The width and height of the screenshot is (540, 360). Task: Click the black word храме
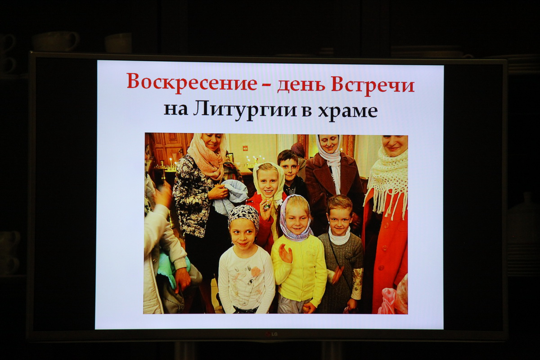pyautogui.click(x=348, y=112)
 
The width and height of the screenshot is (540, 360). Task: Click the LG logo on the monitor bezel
pyautogui.click(x=271, y=334)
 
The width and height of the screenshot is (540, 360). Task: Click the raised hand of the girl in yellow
pyautogui.click(x=285, y=253)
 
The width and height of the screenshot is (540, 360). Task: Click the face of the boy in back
pyautogui.click(x=289, y=168)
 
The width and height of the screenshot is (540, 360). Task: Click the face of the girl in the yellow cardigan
pyautogui.click(x=297, y=219)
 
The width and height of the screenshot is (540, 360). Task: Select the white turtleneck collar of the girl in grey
pyautogui.click(x=340, y=236)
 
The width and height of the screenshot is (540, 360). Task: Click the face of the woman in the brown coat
pyautogui.click(x=329, y=144)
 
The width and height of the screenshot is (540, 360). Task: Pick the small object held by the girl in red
pyautogui.click(x=267, y=205)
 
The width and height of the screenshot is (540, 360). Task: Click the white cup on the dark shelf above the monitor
pyautogui.click(x=56, y=41)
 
